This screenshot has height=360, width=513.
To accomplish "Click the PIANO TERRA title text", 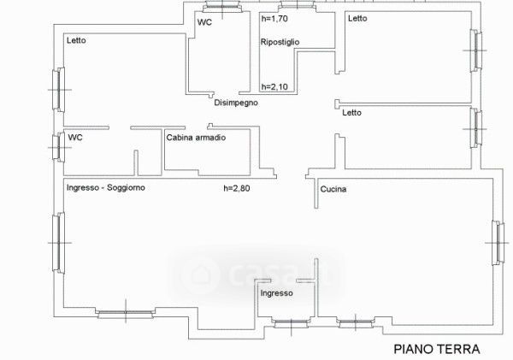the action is pyautogui.click(x=437, y=348).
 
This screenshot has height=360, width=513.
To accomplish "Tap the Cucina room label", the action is pyautogui.click(x=333, y=189).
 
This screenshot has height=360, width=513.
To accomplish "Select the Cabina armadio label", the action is pyautogui.click(x=196, y=137).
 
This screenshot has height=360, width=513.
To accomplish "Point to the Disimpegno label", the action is pyautogui.click(x=236, y=103).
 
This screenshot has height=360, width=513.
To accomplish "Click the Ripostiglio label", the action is pyautogui.click(x=280, y=41).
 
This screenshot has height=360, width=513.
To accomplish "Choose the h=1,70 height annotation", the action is pyautogui.click(x=276, y=18).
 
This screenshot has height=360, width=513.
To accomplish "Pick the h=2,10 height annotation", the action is pyautogui.click(x=276, y=86).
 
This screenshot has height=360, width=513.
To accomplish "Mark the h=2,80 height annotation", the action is pyautogui.click(x=237, y=188).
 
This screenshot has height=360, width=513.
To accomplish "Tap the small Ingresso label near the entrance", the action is pyautogui.click(x=277, y=292).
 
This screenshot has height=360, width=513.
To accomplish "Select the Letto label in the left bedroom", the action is pyautogui.click(x=77, y=40).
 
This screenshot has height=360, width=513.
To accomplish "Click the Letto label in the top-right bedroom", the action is pyautogui.click(x=357, y=18).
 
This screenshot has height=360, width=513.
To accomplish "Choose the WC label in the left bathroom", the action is pyautogui.click(x=75, y=137).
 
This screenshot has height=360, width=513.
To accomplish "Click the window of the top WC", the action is pyautogui.click(x=224, y=9).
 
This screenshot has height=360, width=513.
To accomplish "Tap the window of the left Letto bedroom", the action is pyautogui.click(x=57, y=88).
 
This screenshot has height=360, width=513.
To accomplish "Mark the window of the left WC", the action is pyautogui.click(x=57, y=147).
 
